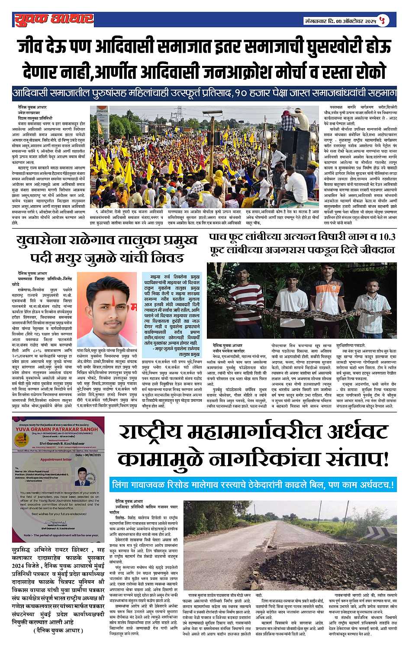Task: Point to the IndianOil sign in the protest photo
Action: point(102,113)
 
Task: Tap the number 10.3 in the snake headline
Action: point(384,237)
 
